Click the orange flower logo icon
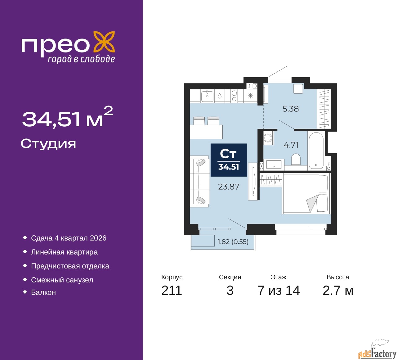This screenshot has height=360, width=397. [x=104, y=43]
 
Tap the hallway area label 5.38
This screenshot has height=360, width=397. [x=290, y=109]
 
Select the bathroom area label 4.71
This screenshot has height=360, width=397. [x=291, y=145]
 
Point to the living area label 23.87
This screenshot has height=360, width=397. [x=229, y=187]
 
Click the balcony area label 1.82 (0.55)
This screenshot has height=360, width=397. [x=233, y=241]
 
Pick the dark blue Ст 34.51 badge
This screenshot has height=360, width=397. [x=229, y=160]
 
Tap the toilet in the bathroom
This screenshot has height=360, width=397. [x=296, y=159]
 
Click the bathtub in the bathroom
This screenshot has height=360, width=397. [x=316, y=151]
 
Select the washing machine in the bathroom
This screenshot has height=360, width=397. [x=268, y=138]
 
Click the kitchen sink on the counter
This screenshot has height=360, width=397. [x=207, y=96]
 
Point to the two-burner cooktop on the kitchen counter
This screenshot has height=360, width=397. [x=234, y=96]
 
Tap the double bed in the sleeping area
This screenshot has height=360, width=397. [x=306, y=193]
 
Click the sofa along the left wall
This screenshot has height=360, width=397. [x=199, y=181]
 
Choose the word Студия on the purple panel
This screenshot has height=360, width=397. [x=48, y=144]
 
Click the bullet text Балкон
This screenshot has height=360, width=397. [x=43, y=292]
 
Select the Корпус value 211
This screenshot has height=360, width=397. [x=172, y=290]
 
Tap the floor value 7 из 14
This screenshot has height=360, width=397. [x=279, y=290]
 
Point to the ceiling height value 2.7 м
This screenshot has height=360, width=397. [x=338, y=290]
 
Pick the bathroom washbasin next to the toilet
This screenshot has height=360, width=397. [x=274, y=164]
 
